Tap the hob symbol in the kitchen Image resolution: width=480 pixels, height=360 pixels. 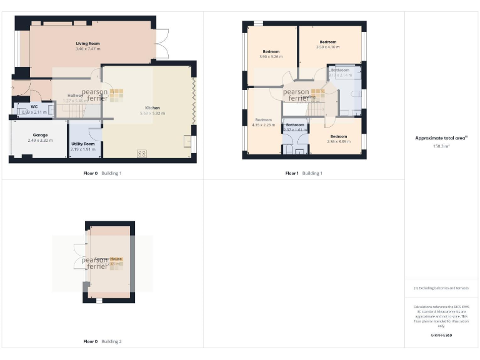[x=141, y=153]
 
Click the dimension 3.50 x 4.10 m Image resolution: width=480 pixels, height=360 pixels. [x=327, y=47]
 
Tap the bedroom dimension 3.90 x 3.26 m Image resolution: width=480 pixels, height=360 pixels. [x=271, y=57]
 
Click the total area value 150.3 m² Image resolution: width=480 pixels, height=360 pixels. [x=441, y=146]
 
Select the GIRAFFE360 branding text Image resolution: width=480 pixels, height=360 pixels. [x=441, y=336]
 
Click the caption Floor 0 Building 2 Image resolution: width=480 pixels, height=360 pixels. [x=102, y=342]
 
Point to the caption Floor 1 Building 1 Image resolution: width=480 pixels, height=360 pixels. [x=304, y=172]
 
